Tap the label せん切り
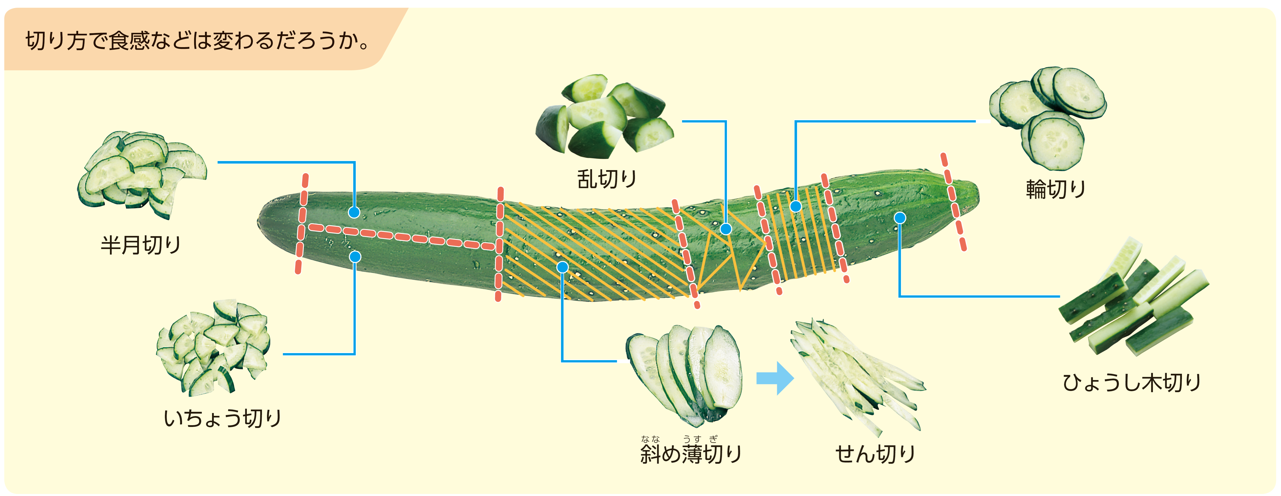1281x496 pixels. point(875,454)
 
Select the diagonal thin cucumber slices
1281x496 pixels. point(684,374)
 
